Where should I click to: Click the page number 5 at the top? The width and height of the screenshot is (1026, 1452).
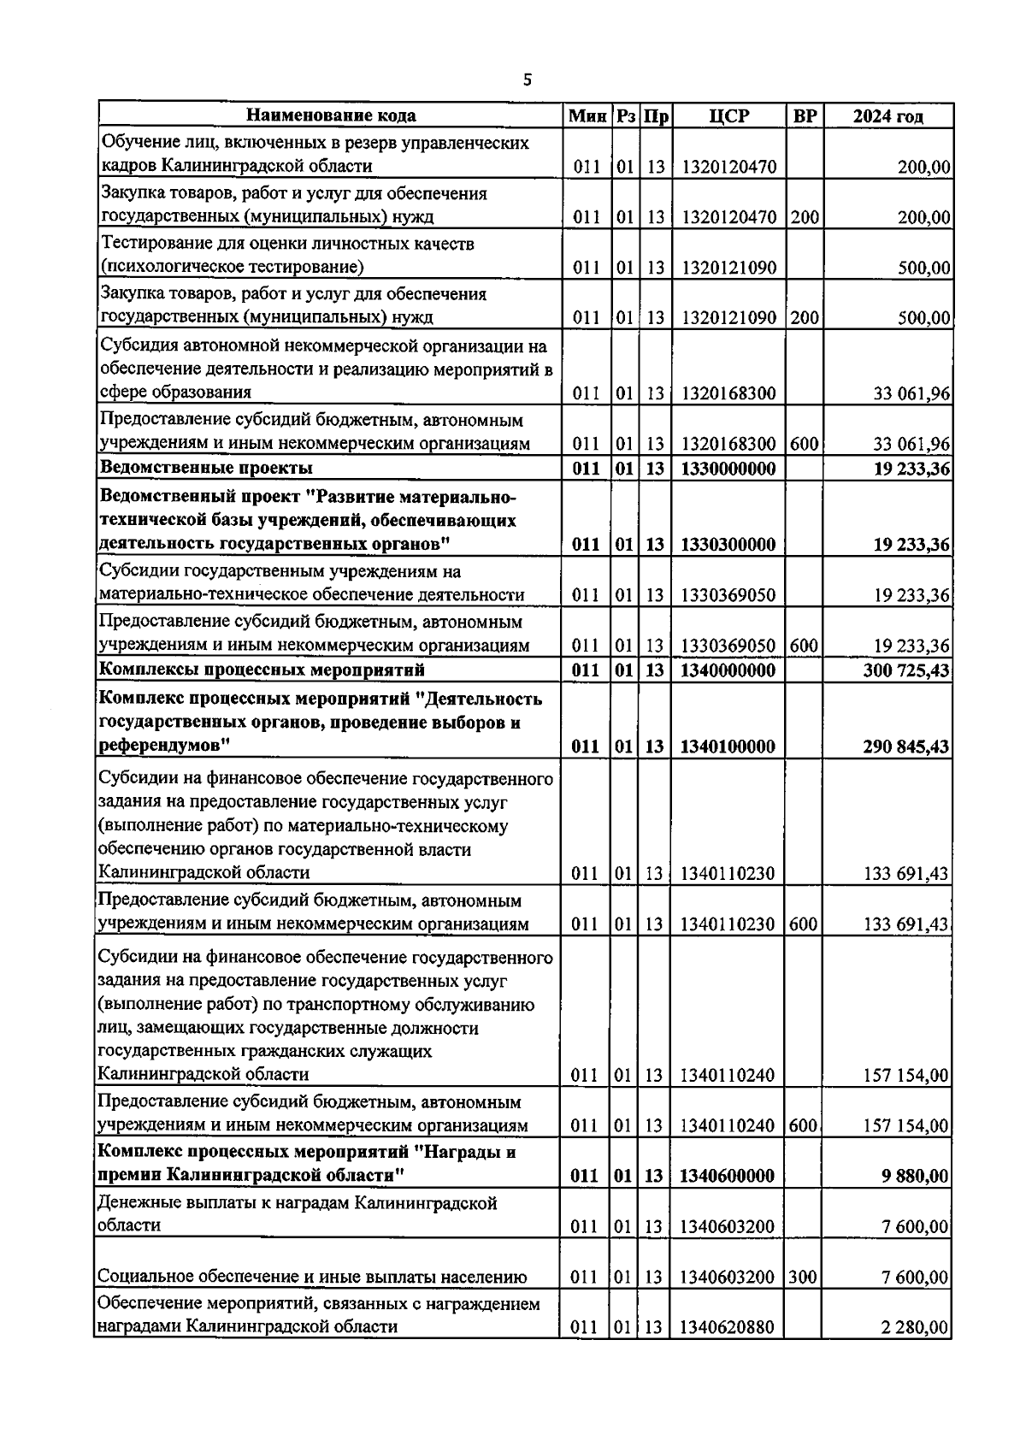pyautogui.click(x=527, y=80)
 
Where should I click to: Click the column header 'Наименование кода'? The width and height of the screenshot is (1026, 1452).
pyautogui.click(x=332, y=116)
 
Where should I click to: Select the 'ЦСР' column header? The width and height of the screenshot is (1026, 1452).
pyautogui.click(x=728, y=116)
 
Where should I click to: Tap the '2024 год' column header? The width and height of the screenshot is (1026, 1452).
pyautogui.click(x=887, y=116)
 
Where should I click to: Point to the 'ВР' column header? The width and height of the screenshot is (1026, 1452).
pyautogui.click(x=804, y=116)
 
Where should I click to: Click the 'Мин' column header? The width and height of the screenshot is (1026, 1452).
pyautogui.click(x=587, y=116)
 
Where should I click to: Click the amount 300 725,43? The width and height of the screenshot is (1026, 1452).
pyautogui.click(x=905, y=670)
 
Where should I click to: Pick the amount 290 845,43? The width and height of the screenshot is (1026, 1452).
pyautogui.click(x=905, y=747)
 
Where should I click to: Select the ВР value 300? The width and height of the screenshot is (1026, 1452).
pyautogui.click(x=804, y=1278)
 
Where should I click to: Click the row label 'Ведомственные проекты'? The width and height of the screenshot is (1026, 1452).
pyautogui.click(x=207, y=468)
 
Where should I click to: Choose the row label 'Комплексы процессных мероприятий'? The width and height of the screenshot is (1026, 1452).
pyautogui.click(x=262, y=670)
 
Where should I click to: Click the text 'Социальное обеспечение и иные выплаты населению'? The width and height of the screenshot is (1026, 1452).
pyautogui.click(x=312, y=1278)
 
